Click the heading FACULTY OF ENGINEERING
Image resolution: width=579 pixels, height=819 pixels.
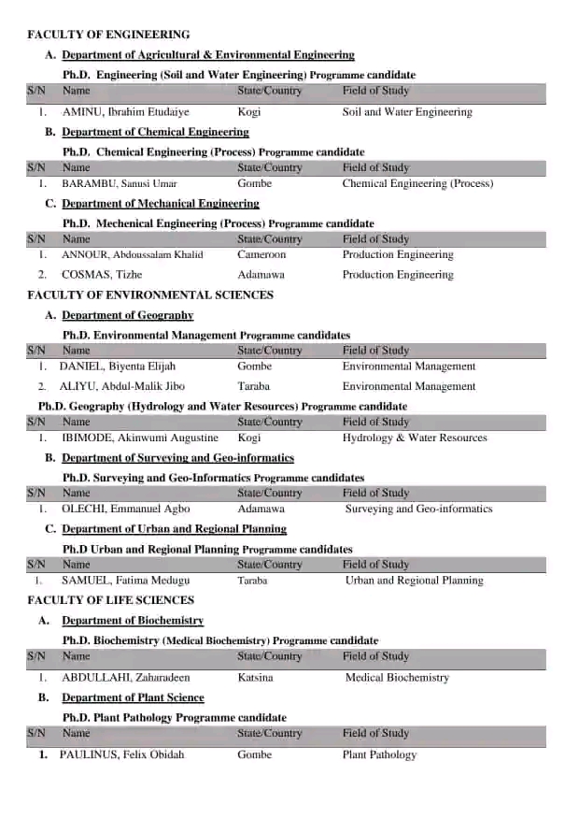pos(108,35)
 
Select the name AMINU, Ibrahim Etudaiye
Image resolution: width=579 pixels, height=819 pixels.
pos(125,112)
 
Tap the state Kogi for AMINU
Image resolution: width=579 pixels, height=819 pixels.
pos(249,112)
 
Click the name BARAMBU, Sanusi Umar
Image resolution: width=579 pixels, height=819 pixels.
pos(120,183)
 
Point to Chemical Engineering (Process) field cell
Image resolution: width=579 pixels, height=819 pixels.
pos(417,183)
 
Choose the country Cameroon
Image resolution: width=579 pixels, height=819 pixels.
pos(261,254)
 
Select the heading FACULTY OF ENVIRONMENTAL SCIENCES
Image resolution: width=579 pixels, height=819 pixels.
pos(150,295)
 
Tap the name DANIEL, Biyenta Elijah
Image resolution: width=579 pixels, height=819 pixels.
pos(118,366)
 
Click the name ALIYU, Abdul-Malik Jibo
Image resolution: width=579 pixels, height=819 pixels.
pos(122,386)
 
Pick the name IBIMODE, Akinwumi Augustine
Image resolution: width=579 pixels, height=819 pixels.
pos(140,438)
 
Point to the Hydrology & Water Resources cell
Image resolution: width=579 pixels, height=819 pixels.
pos(415,438)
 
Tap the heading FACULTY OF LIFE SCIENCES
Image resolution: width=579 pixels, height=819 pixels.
pos(111,600)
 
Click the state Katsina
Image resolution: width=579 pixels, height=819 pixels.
pos(256,677)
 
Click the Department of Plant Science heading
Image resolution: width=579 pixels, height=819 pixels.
pos(133,697)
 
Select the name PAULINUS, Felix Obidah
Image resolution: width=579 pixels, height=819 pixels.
pos(122,754)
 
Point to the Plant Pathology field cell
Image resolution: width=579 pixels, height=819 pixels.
pos(379,754)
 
